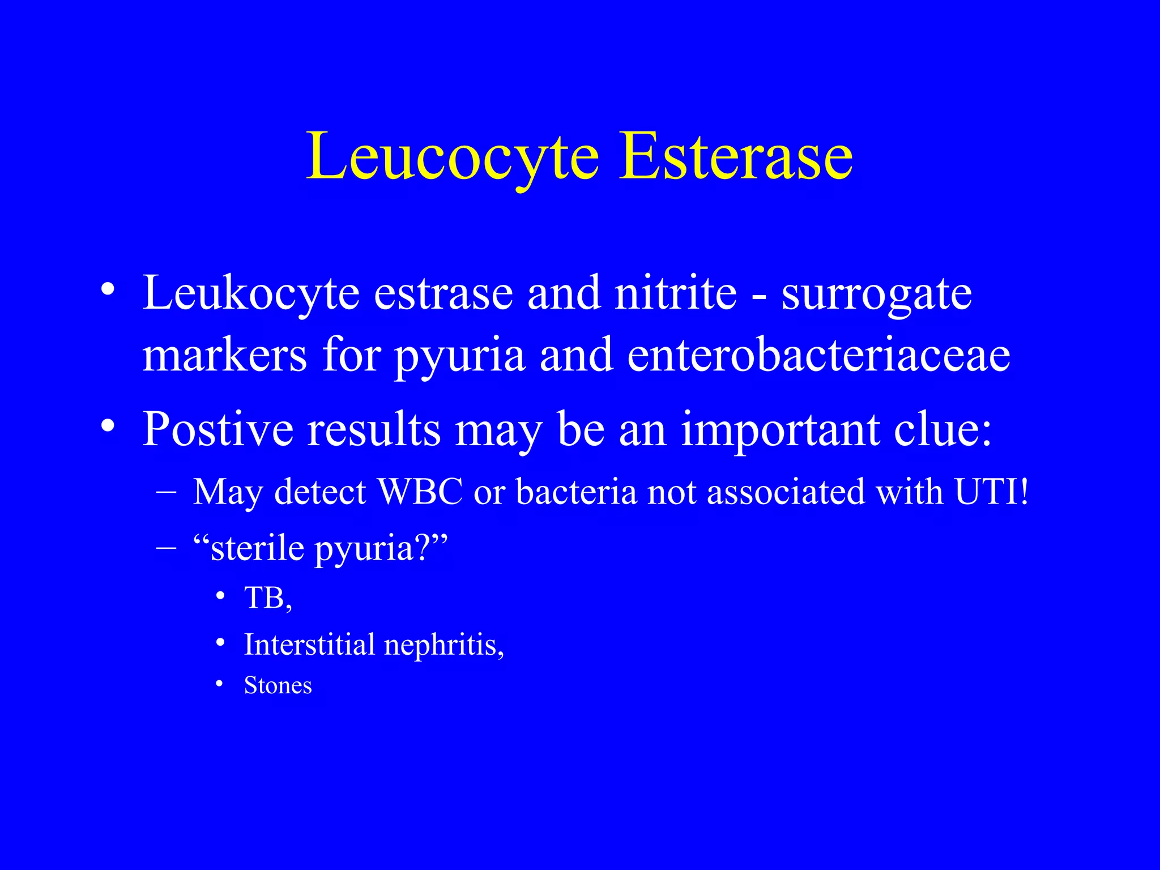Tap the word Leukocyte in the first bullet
[x=251, y=294]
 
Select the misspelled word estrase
[x=443, y=294]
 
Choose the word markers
[x=224, y=356]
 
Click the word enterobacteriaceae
[x=818, y=356]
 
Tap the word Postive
[x=217, y=430]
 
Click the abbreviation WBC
[x=420, y=492]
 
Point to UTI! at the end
[x=991, y=492]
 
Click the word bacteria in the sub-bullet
[x=576, y=492]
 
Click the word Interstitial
[x=309, y=645]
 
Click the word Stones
[x=278, y=686]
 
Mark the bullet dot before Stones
[x=220, y=685]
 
